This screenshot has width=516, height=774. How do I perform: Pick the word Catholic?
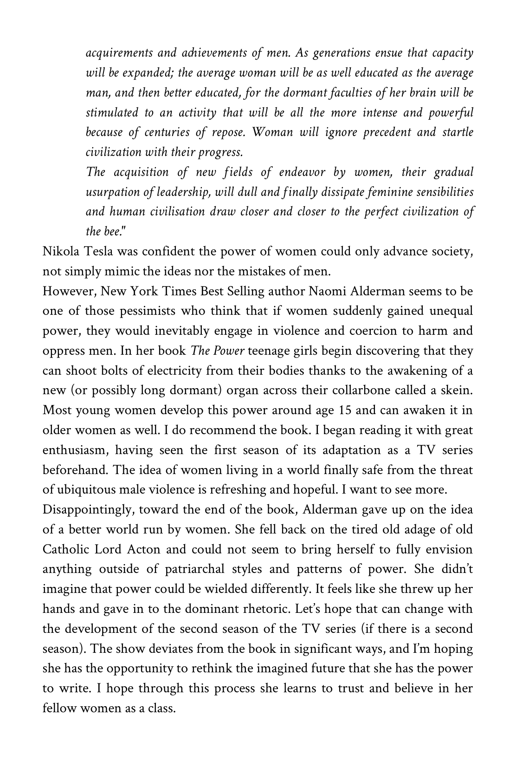(x=66, y=549)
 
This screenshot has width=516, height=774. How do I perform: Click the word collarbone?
(x=361, y=390)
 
